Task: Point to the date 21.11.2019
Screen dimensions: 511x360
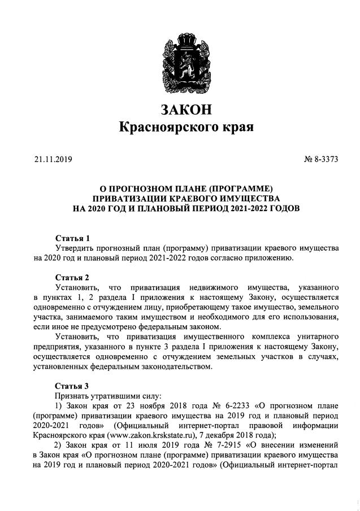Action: (x=54, y=160)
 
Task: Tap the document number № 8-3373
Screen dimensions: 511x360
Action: (x=322, y=160)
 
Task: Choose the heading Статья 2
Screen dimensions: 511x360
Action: (x=72, y=277)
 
